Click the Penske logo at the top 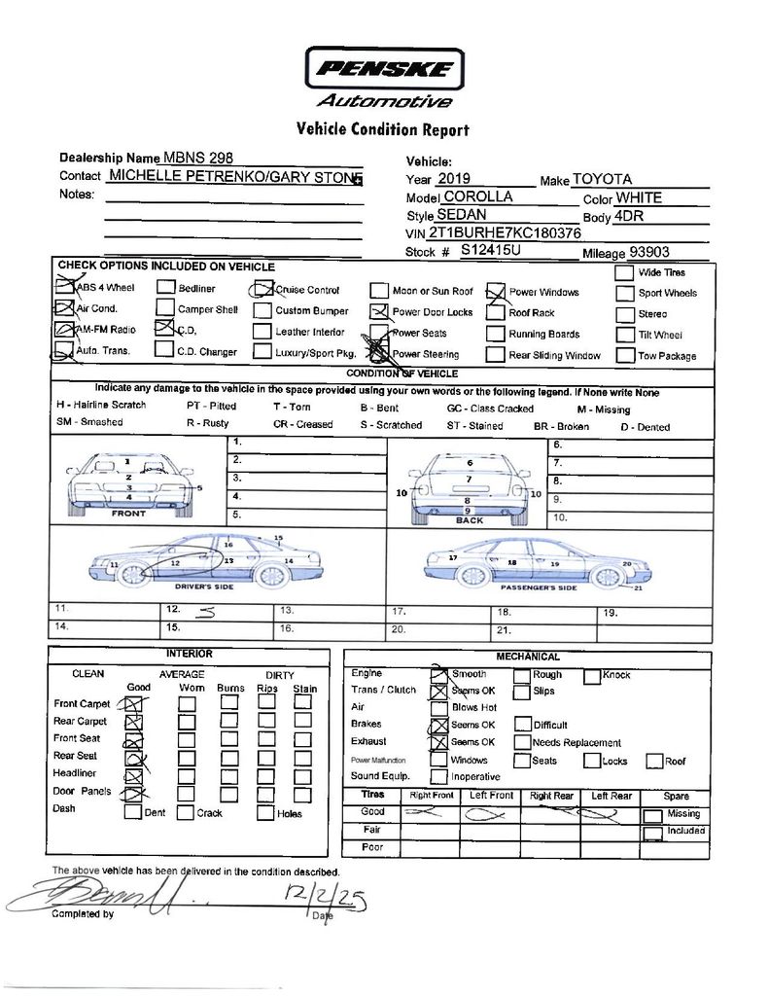click(x=384, y=69)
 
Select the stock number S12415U click(x=491, y=251)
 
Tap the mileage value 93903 click(x=649, y=251)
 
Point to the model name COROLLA click(x=478, y=196)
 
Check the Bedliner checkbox click(x=165, y=288)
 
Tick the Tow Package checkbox click(x=625, y=355)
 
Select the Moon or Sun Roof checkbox click(x=378, y=291)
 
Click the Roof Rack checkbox click(x=495, y=313)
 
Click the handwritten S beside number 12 click(x=205, y=613)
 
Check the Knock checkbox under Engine click(x=592, y=675)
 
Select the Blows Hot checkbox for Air click(x=438, y=707)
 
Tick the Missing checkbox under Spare click(x=653, y=815)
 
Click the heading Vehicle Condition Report click(x=382, y=129)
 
